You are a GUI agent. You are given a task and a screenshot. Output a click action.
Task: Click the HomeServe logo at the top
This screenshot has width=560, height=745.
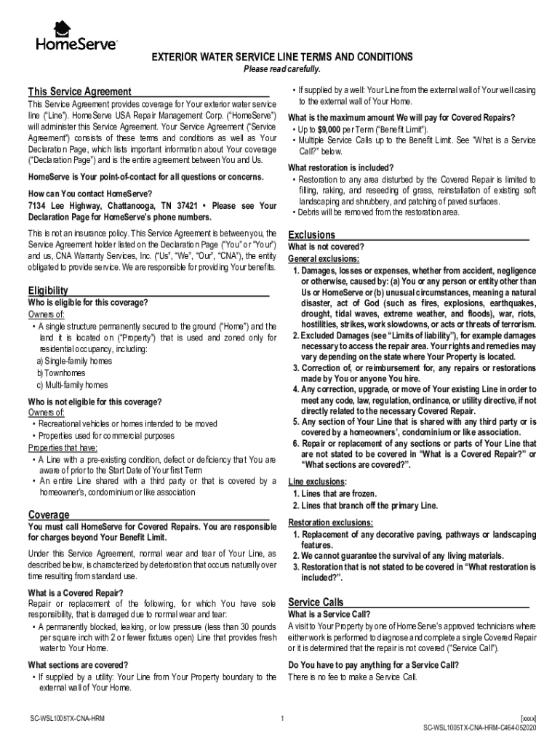(76, 36)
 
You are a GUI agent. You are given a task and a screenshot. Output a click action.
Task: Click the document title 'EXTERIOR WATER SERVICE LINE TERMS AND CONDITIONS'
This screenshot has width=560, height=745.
(281, 57)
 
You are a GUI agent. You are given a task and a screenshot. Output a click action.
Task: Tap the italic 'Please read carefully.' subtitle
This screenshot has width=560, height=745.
(281, 68)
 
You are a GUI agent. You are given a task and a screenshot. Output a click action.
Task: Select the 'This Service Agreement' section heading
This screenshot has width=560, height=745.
(79, 92)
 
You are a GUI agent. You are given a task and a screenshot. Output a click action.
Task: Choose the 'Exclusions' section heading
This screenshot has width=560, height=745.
(311, 235)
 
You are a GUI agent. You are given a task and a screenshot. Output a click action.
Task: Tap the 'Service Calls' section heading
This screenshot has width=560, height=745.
(316, 602)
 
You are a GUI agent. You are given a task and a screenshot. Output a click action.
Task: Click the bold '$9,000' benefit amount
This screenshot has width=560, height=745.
(326, 130)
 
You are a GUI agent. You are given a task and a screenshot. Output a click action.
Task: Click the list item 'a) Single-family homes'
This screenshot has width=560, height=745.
(74, 362)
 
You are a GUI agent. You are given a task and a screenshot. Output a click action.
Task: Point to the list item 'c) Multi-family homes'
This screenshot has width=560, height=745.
(72, 385)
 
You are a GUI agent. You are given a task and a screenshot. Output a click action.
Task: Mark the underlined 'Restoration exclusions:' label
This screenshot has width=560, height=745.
(330, 523)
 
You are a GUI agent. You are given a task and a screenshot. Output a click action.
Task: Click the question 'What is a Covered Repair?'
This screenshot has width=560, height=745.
(75, 593)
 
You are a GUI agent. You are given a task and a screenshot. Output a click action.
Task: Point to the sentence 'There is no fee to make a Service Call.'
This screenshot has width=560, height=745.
(353, 677)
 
